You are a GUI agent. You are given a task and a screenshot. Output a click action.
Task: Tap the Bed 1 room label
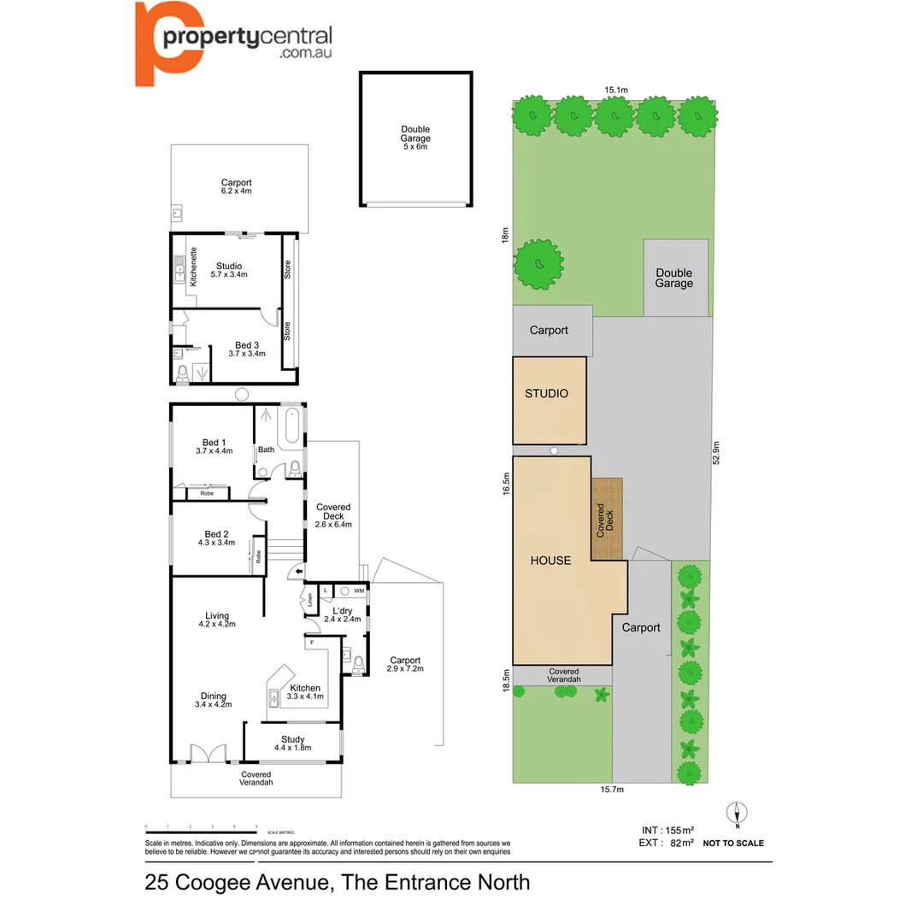[x=215, y=446]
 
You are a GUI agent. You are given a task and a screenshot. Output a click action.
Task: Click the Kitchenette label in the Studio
[x=193, y=267]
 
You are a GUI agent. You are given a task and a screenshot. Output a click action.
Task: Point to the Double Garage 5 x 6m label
[x=415, y=138]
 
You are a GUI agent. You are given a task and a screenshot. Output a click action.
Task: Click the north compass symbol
[x=737, y=813]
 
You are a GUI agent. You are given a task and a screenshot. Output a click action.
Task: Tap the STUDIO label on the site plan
[x=547, y=393]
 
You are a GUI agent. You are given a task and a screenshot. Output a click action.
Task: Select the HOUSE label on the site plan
[x=550, y=561]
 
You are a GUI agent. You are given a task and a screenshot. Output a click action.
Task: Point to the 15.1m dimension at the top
[x=616, y=90]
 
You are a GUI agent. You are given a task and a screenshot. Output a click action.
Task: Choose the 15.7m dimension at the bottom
[x=610, y=790]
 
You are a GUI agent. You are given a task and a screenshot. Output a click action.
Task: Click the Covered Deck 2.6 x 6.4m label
[x=333, y=516]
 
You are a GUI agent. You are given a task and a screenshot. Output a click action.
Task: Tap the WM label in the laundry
[x=359, y=591]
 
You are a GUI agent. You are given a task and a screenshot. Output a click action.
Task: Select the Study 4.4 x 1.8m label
[x=292, y=744]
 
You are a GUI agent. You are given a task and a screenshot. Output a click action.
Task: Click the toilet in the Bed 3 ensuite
[x=181, y=373]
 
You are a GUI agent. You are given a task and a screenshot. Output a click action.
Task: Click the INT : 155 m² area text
[x=667, y=830]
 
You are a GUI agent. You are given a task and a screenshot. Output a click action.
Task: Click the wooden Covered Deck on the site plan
[x=607, y=519]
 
